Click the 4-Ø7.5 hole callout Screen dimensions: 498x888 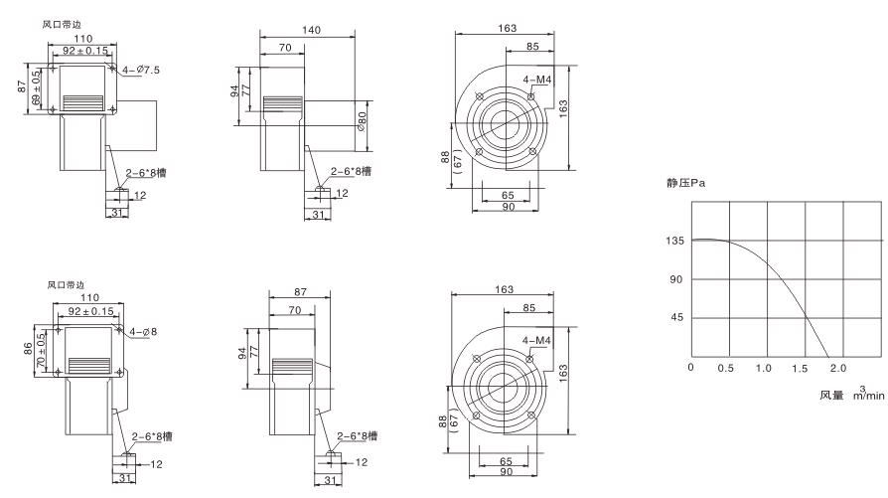pyautogui.click(x=139, y=70)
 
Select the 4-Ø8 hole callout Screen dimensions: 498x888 pyautogui.click(x=142, y=332)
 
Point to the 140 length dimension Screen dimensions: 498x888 pyautogui.click(x=311, y=31)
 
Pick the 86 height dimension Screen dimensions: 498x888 pyautogui.click(x=27, y=349)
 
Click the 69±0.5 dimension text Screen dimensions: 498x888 pyautogui.click(x=38, y=86)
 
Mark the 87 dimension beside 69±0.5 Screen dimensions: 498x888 pyautogui.click(x=22, y=86)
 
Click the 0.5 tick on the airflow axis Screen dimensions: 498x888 pyautogui.click(x=727, y=369)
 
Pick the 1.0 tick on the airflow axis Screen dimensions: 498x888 pyautogui.click(x=764, y=369)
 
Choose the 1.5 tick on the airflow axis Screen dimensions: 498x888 pyautogui.click(x=801, y=369)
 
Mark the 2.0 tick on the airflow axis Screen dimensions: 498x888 pyautogui.click(x=837, y=369)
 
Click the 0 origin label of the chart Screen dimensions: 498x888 pyautogui.click(x=691, y=369)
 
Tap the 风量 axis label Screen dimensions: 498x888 pyautogui.click(x=831, y=395)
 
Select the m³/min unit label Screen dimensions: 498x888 pyautogui.click(x=868, y=394)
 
